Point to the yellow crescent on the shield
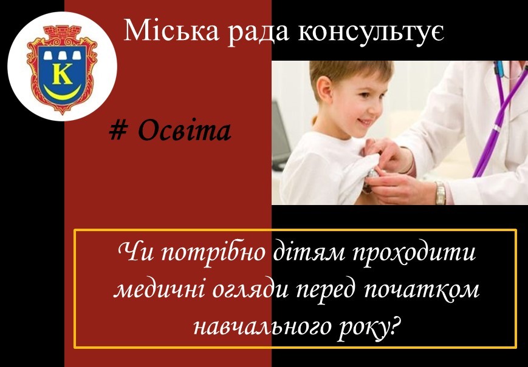click(63, 93)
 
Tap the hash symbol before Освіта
click(118, 131)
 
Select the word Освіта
click(185, 131)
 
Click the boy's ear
click(324, 90)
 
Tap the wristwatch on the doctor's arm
click(440, 193)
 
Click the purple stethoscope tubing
click(498, 121)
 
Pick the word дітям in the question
click(309, 252)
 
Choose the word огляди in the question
click(250, 291)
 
